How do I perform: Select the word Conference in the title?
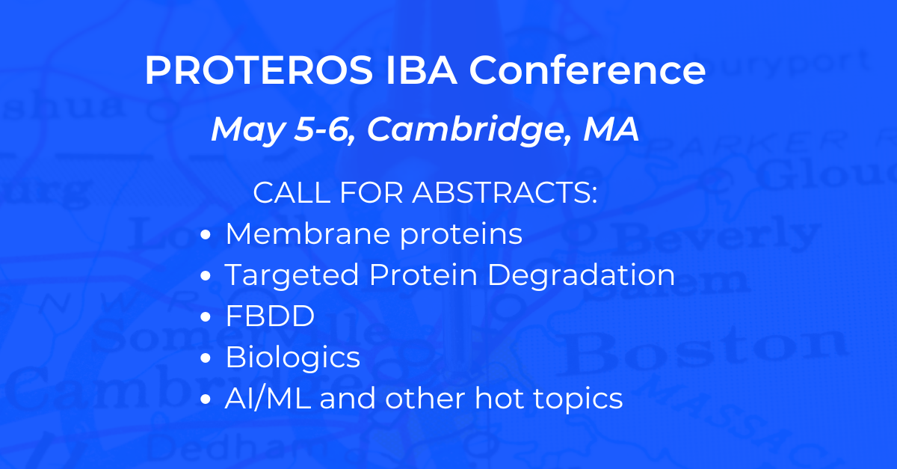pos(588,71)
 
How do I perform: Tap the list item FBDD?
pos(270,316)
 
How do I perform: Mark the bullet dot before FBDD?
pos(208,318)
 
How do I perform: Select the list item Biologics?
pos(292,358)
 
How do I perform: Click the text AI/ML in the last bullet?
pos(267,399)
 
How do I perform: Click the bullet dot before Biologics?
pos(208,359)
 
